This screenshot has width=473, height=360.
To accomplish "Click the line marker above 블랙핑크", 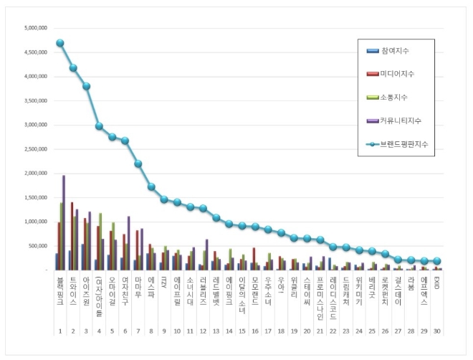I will click(x=60, y=43).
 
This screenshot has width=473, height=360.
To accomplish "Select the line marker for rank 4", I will click(x=100, y=126).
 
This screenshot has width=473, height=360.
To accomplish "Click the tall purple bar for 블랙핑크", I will click(x=64, y=222).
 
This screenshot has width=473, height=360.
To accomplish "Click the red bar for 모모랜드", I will click(x=254, y=259).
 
